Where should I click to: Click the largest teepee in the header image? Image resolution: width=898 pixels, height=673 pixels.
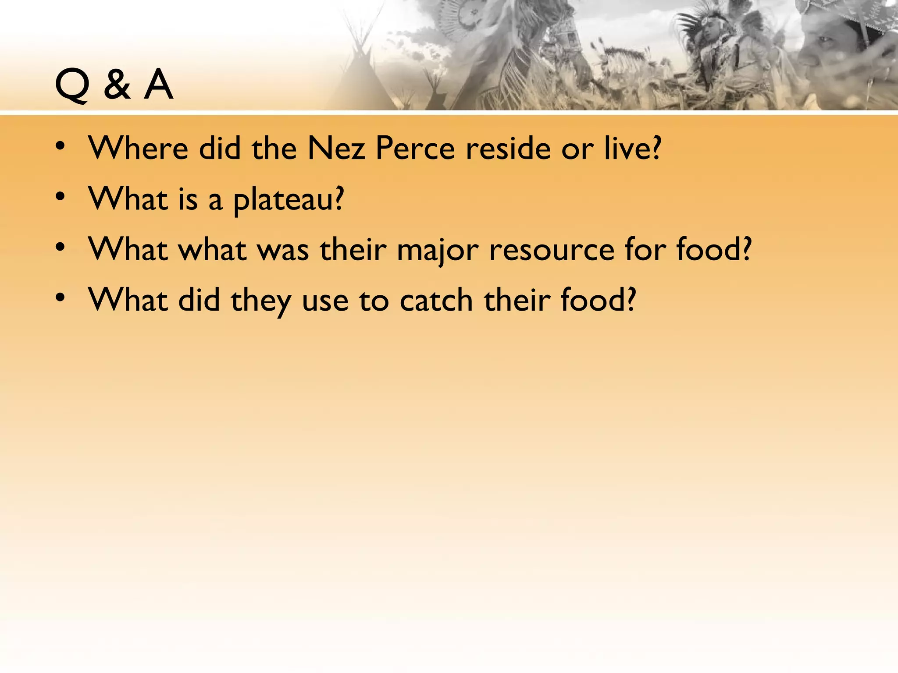(x=360, y=79)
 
